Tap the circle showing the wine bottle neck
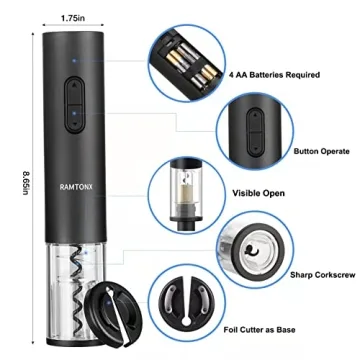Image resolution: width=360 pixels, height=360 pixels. pyautogui.click(x=188, y=187)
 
